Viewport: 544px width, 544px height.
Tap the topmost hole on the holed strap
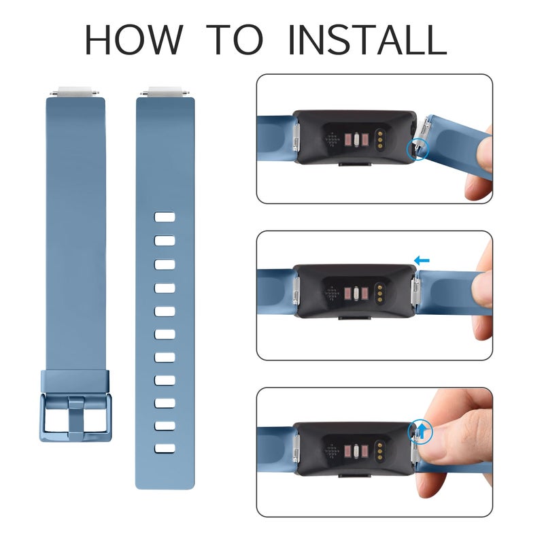pyautogui.click(x=165, y=218)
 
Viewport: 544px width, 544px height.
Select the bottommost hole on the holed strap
pyautogui.click(x=165, y=449)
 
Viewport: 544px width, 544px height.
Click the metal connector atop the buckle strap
pyautogui.click(x=75, y=91)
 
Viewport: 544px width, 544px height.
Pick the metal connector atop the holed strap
pyautogui.click(x=165, y=91)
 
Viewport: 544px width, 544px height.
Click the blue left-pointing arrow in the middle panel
pyautogui.click(x=422, y=260)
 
